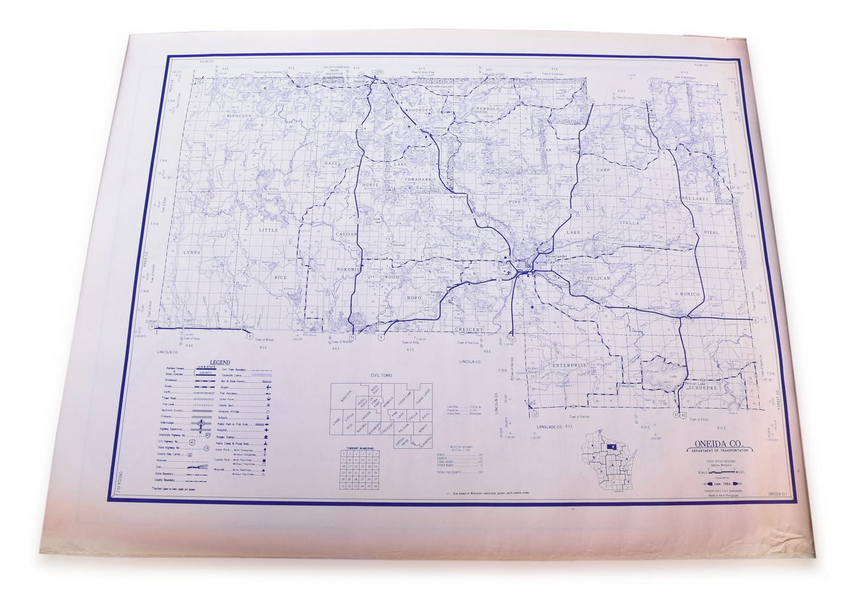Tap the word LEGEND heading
tap(220, 362)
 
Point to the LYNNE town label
tap(191, 253)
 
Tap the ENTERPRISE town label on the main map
tap(569, 365)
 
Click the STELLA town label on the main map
tap(630, 223)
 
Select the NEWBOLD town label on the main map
tap(487, 108)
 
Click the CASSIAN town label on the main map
tap(346, 234)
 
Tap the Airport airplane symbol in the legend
tap(266, 385)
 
